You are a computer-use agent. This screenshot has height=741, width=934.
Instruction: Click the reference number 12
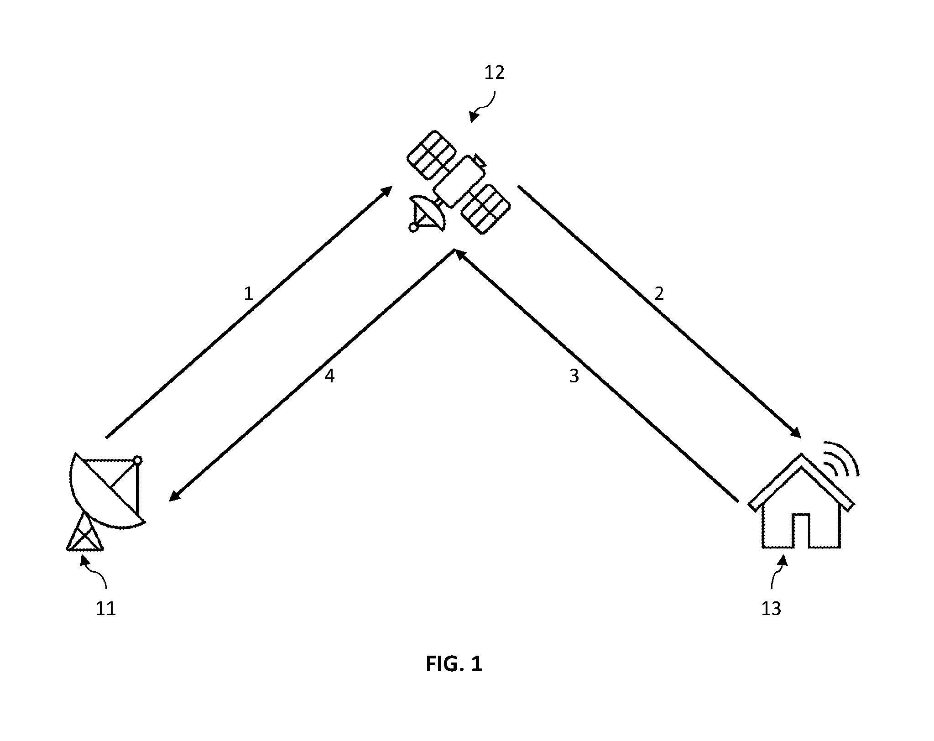tap(495, 73)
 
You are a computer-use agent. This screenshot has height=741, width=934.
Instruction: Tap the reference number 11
tap(105, 609)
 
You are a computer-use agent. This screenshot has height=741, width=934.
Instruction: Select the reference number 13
tap(771, 609)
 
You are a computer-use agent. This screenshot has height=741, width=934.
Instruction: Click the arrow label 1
tap(248, 294)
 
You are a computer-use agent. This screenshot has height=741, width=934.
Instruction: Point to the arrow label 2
tap(659, 294)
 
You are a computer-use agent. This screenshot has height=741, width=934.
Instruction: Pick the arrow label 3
tap(574, 376)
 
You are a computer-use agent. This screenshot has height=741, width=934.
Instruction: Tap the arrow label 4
tap(329, 376)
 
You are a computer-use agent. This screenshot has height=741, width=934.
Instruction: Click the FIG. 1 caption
tap(454, 664)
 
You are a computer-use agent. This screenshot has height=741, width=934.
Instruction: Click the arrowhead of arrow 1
tap(386, 191)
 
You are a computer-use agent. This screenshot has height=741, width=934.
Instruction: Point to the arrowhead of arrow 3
tap(459, 255)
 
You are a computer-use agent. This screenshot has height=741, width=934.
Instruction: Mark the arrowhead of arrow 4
tap(176, 496)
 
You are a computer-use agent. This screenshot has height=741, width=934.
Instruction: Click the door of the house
tap(800, 531)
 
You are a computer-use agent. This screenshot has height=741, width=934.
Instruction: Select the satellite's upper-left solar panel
tap(431, 154)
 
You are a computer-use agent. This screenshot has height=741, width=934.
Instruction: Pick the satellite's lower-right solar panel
tap(485, 209)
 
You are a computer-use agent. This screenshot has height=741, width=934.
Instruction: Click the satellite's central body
tap(458, 181)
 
